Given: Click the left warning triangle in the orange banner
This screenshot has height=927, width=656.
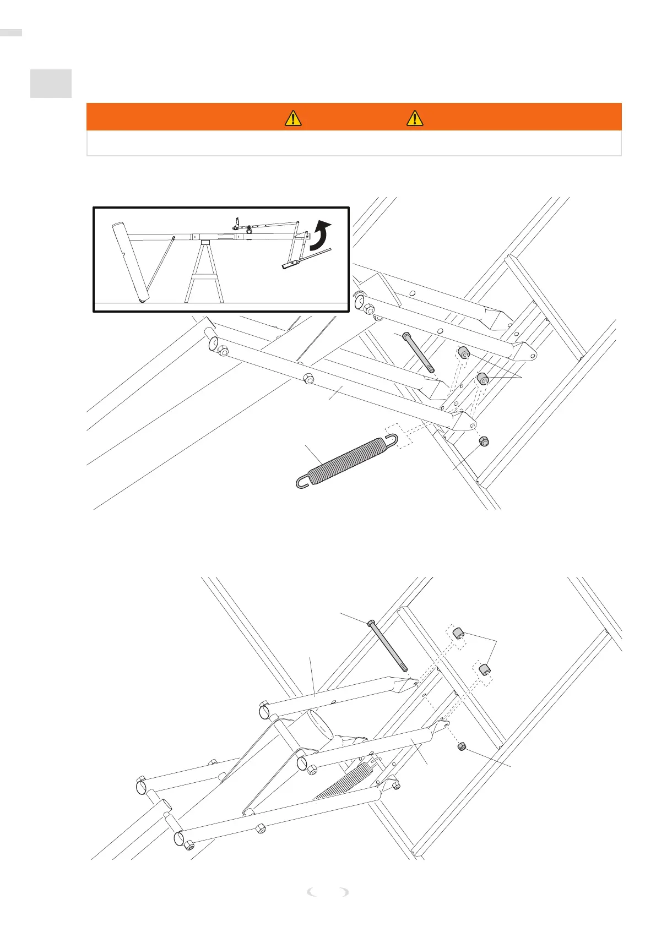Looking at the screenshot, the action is coord(293,118).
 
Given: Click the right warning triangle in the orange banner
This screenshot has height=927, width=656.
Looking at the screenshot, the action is coord(415,118).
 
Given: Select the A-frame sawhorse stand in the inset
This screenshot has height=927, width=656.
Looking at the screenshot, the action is coord(204,272).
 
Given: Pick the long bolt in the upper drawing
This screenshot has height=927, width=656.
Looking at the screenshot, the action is coord(419,353).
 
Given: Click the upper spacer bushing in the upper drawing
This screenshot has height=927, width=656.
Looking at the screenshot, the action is coord(464,352).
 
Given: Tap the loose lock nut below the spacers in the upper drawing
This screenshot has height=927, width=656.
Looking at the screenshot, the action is coord(484,441).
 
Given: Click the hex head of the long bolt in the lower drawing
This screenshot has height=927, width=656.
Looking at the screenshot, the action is coord(372,623).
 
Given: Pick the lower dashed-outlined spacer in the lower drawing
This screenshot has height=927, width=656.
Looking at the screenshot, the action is coord(484,669).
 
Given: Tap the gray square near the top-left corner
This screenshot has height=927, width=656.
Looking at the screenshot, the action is coord(51,84).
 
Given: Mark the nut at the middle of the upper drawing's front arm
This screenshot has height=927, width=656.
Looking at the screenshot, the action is coord(308,379).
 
